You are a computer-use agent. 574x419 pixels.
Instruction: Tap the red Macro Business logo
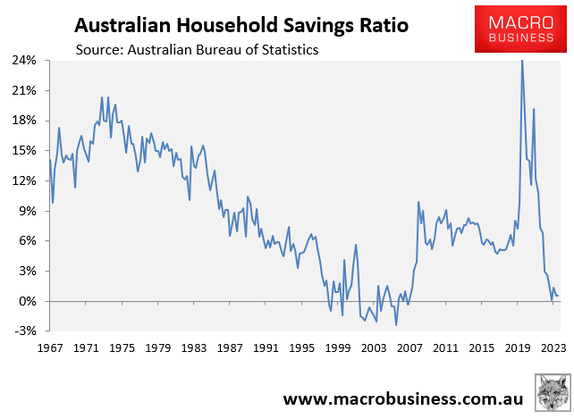[x=514, y=28]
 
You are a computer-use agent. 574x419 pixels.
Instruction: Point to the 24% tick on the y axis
[x=24, y=61]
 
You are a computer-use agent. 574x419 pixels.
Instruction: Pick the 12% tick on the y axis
[x=24, y=180]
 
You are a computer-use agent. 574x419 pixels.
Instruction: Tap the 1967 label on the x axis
[x=49, y=348]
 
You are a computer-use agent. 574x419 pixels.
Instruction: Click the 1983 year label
[x=194, y=348]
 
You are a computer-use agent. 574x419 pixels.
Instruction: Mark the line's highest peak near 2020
[x=522, y=61]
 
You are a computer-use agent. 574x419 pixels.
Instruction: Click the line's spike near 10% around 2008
[x=418, y=202]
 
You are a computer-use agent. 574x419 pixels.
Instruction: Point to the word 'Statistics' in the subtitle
[x=288, y=50]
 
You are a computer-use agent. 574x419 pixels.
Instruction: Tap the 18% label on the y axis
[x=24, y=121]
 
